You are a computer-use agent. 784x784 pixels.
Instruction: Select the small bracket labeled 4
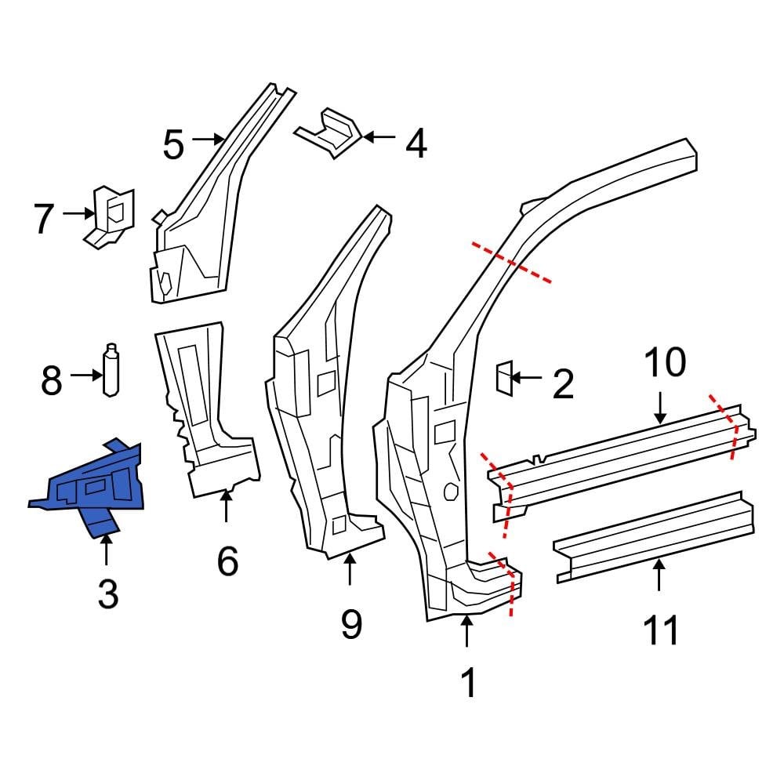point(331,133)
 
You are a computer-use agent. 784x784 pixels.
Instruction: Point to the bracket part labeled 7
point(110,216)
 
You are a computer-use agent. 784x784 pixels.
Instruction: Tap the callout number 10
point(665,363)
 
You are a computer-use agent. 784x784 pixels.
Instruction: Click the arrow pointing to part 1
point(467,632)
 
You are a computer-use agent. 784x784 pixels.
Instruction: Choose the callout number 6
point(227,561)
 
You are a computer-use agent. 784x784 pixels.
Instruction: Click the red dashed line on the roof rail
point(511,263)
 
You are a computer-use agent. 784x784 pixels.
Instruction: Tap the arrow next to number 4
point(379,137)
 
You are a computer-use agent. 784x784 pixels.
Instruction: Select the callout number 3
point(107,594)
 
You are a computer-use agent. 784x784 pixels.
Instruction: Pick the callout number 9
point(351,624)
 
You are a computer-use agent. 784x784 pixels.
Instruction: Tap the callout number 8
point(51,381)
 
